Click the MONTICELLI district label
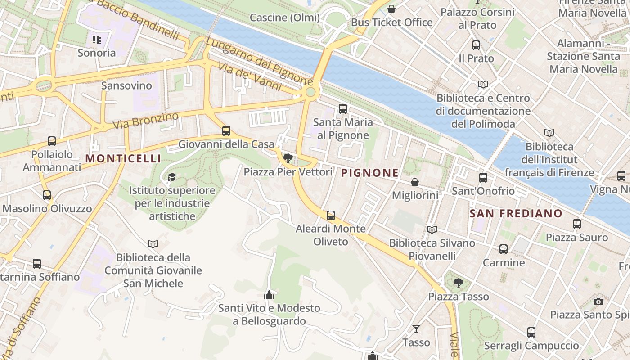(123, 158)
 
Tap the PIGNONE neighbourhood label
(370, 173)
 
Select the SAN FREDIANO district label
(516, 213)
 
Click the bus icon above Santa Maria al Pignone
(343, 108)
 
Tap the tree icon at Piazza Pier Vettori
(288, 158)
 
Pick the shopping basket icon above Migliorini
(415, 182)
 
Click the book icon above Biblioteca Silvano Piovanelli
(432, 230)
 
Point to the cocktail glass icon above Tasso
(416, 329)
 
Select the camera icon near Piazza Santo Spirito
(598, 301)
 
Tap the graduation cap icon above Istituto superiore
(172, 177)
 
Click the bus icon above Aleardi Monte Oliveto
(331, 216)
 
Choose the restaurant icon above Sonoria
(97, 40)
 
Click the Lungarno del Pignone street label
(260, 62)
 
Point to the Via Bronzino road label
(146, 120)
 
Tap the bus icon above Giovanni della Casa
(226, 131)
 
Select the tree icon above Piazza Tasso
(459, 283)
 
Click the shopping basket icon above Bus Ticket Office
(391, 9)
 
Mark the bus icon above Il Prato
(476, 45)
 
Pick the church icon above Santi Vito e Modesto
(269, 295)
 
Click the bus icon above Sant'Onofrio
(483, 178)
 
